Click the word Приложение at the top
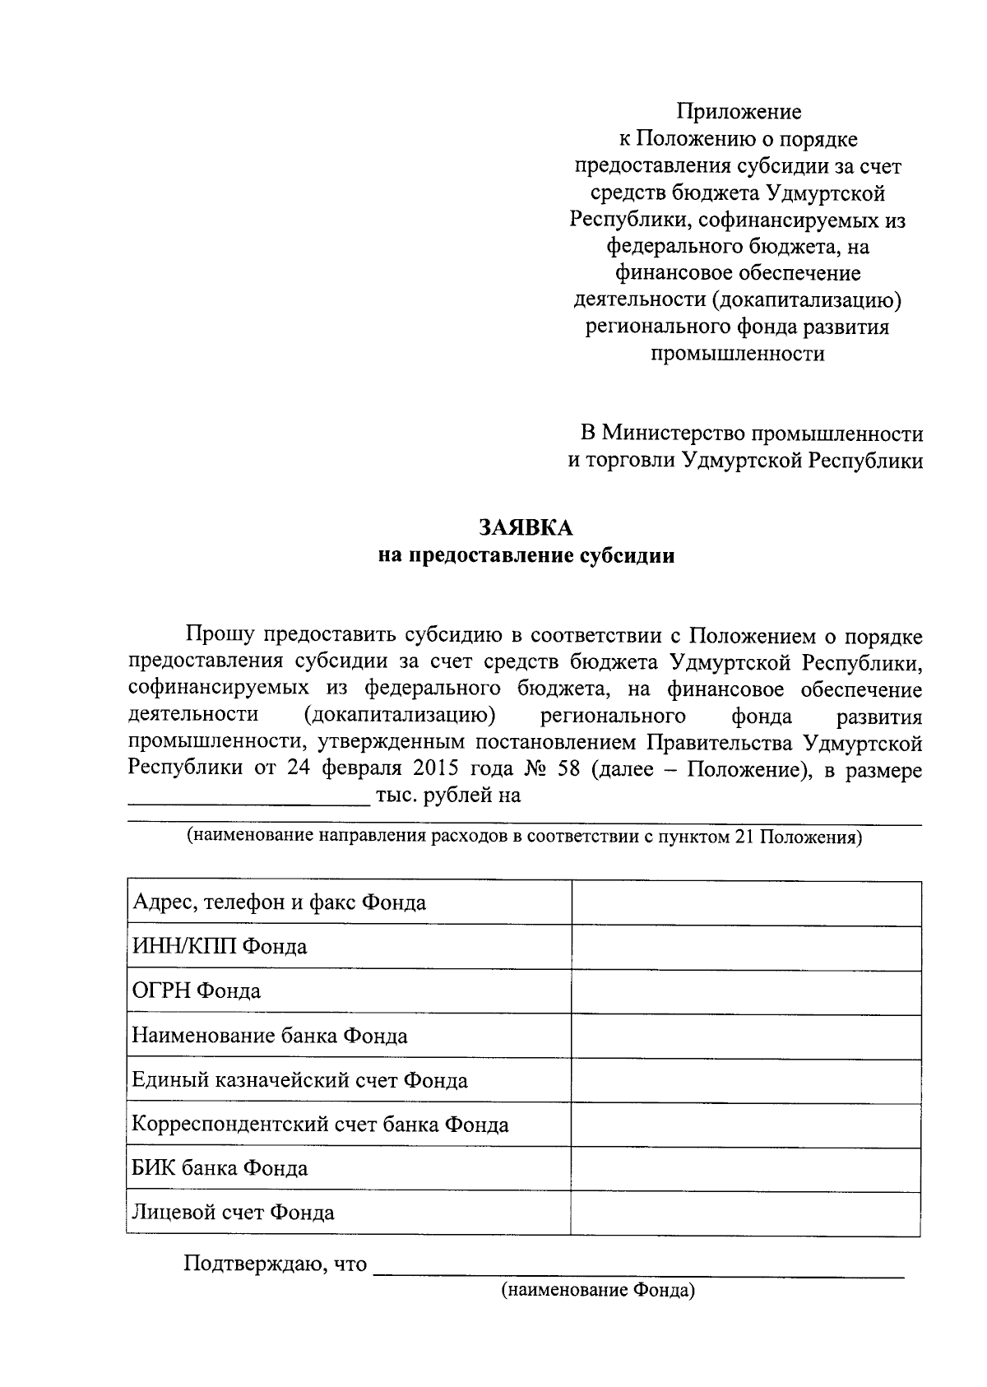click(738, 111)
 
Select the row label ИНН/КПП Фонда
click(220, 947)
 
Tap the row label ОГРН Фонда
click(197, 991)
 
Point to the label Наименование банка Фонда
click(270, 1036)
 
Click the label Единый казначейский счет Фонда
click(299, 1080)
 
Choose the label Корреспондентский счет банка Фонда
click(320, 1125)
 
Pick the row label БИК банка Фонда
click(220, 1169)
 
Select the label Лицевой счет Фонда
click(233, 1213)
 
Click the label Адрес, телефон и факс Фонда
click(279, 903)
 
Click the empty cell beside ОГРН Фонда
click(745, 992)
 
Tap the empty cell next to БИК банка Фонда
click(745, 1169)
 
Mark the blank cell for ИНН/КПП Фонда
click(745, 948)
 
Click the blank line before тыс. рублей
click(248, 796)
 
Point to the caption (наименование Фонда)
click(598, 1291)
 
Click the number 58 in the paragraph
click(567, 770)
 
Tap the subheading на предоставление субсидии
click(526, 556)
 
